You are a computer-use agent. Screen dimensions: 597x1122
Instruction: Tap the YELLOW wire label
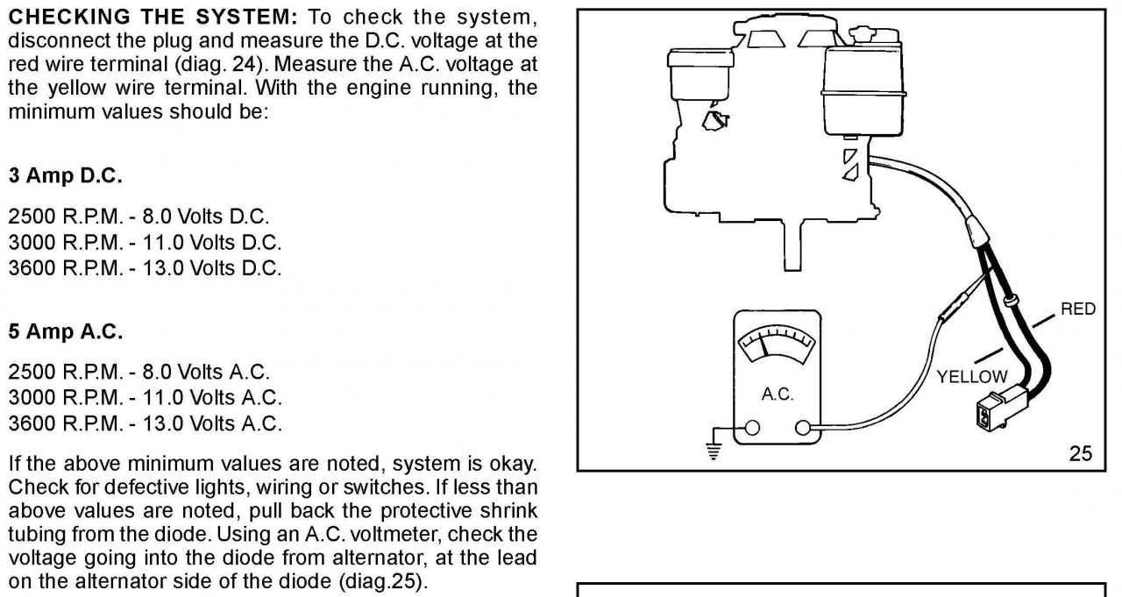coord(972,376)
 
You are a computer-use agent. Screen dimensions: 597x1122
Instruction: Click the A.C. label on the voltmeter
coord(777,394)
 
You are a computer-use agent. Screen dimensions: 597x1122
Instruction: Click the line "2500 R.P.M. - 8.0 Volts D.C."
coord(138,215)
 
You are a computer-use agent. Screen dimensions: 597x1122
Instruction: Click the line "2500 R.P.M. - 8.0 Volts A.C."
coord(138,371)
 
